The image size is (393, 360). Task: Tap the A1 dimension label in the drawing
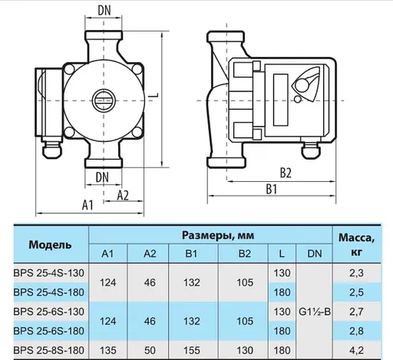(x=87, y=206)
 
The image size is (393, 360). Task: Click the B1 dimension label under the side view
(x=271, y=188)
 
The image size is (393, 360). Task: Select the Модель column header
(x=51, y=245)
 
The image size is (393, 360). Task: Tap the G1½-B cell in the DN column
(x=314, y=312)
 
